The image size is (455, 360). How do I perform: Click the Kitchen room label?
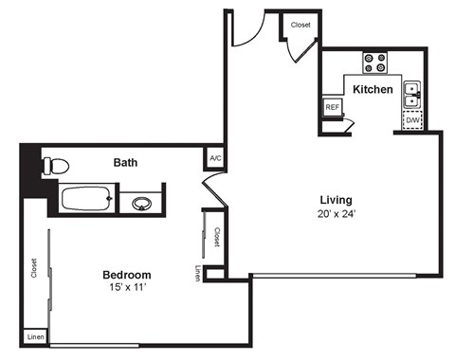pos(373,89)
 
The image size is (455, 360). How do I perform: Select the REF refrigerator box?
pos(332,107)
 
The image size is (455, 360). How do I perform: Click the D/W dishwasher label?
pos(413,121)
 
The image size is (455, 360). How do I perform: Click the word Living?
pos(336,200)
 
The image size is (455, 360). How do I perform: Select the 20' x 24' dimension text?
pos(336,213)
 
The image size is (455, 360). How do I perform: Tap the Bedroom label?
pos(127,275)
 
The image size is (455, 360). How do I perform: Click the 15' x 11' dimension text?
pos(127,288)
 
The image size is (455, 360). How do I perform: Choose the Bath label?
pos(126,162)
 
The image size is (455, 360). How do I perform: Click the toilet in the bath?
pos(55,165)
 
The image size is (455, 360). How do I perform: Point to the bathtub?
pos(87,200)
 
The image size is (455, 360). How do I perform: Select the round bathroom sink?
pos(143,202)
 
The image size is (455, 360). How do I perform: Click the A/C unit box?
pos(215,158)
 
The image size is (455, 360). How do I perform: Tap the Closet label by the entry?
pos(300,25)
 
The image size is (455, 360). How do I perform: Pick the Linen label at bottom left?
pos(35,336)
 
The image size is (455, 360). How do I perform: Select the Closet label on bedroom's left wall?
pos(34,269)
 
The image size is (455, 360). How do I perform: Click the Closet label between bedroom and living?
pos(216,236)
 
